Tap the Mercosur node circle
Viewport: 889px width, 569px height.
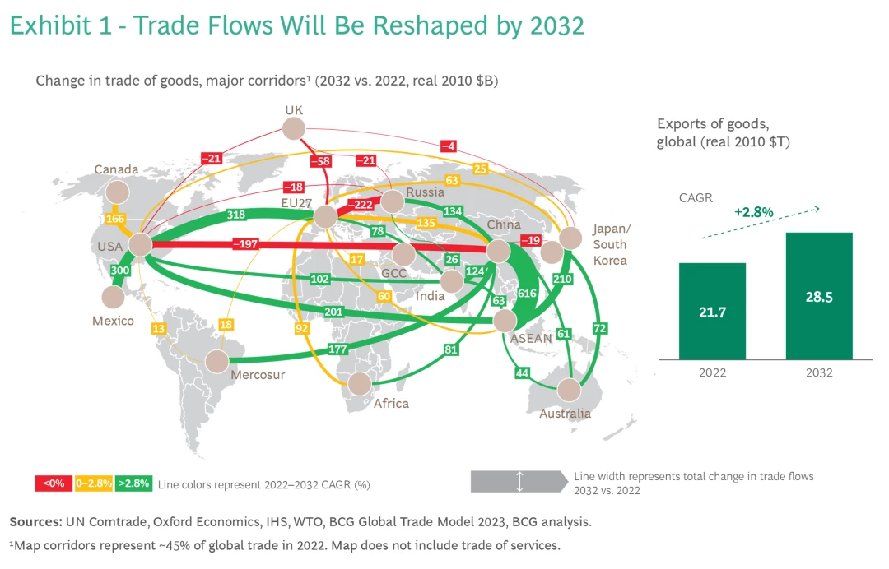tap(217, 361)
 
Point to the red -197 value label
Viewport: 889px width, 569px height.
tap(245, 243)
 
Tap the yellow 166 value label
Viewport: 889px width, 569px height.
tap(116, 220)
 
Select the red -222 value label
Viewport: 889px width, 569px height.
tap(361, 204)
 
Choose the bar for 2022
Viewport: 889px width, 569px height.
tap(712, 311)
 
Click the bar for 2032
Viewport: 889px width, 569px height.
tap(818, 296)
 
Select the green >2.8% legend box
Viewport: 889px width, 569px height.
tap(133, 483)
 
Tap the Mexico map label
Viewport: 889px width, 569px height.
tap(113, 321)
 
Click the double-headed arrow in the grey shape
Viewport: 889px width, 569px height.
tap(519, 482)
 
